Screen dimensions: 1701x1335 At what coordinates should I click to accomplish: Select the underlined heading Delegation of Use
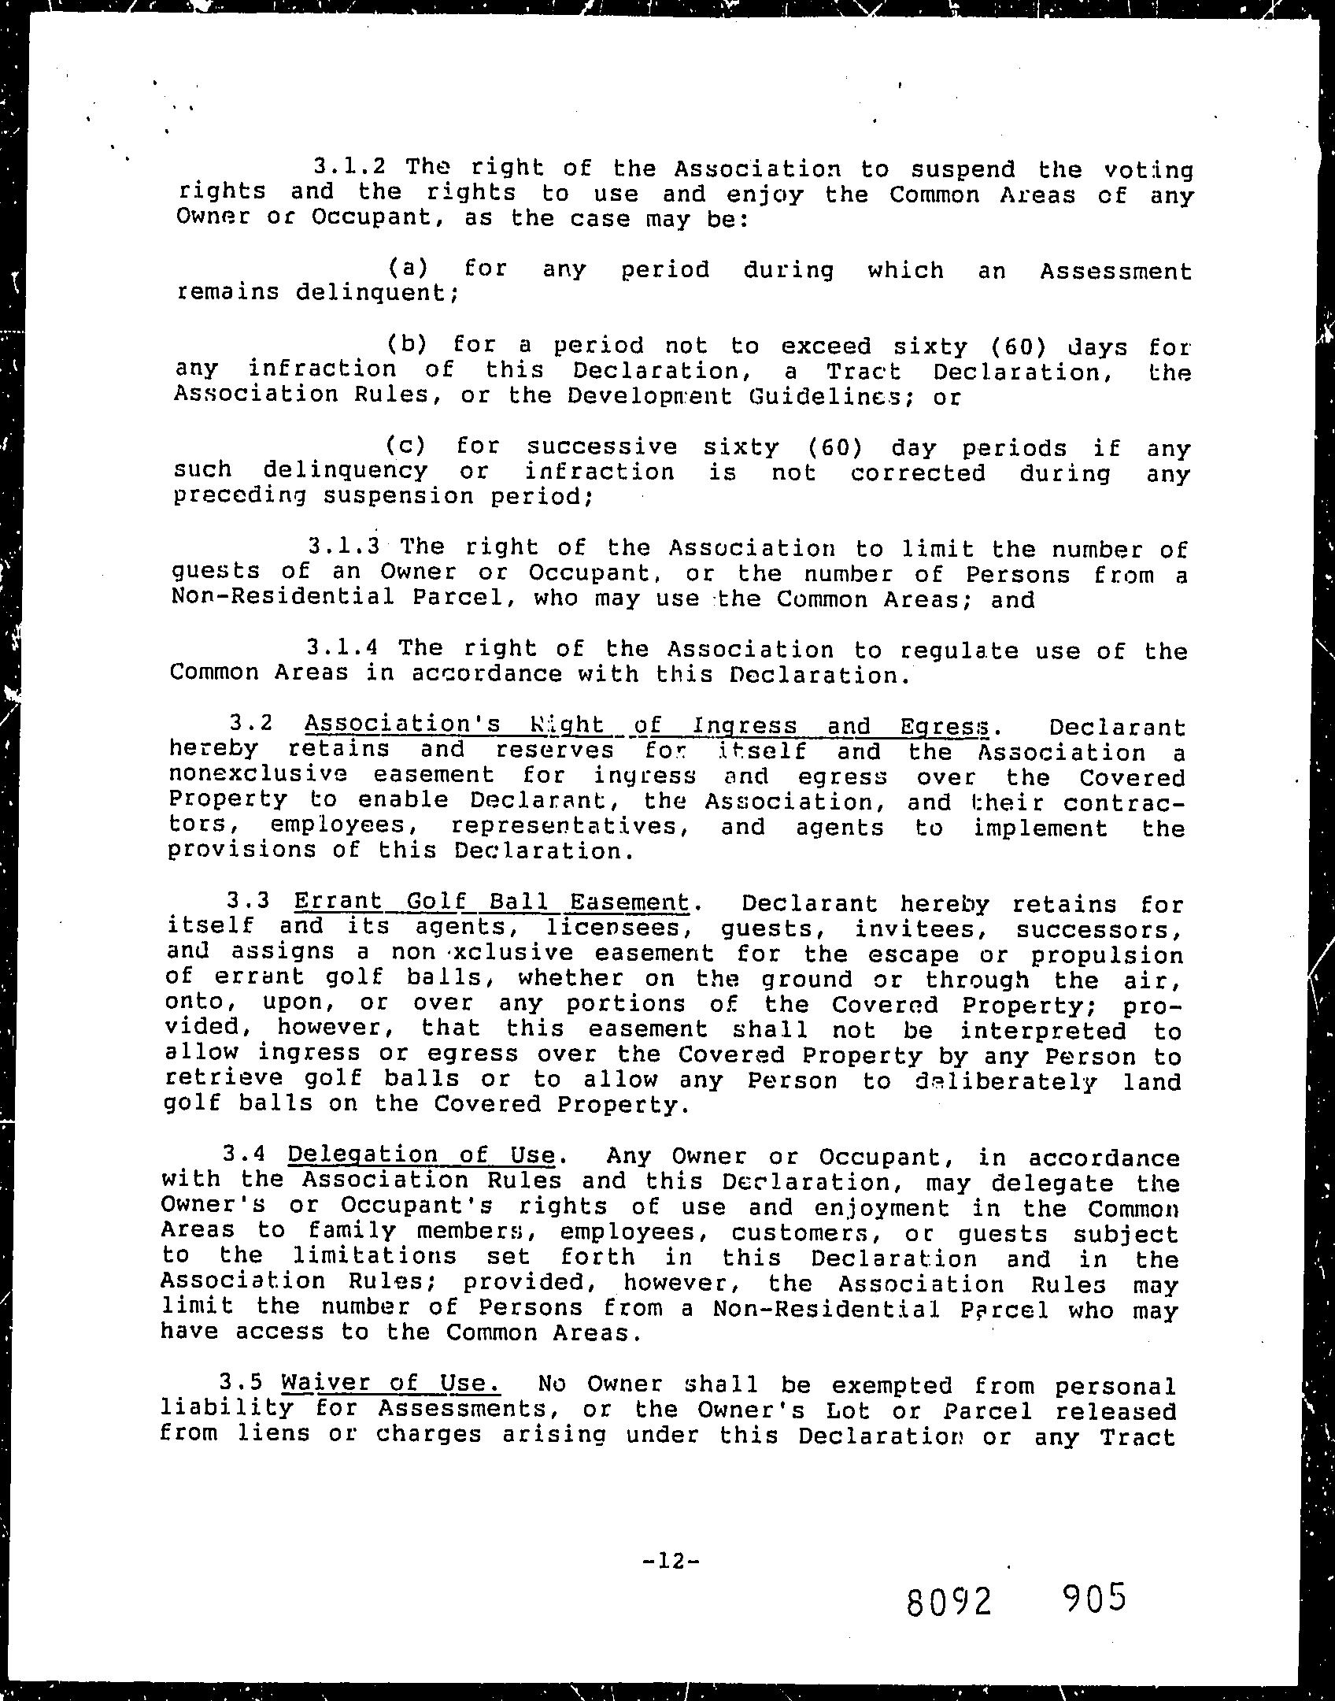(x=423, y=1154)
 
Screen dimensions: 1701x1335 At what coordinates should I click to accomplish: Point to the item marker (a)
(x=408, y=268)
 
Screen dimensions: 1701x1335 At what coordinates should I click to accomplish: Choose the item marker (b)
(x=406, y=343)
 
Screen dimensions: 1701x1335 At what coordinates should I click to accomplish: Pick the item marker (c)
(x=405, y=445)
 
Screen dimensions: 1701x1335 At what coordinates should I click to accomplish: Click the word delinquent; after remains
(x=377, y=293)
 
